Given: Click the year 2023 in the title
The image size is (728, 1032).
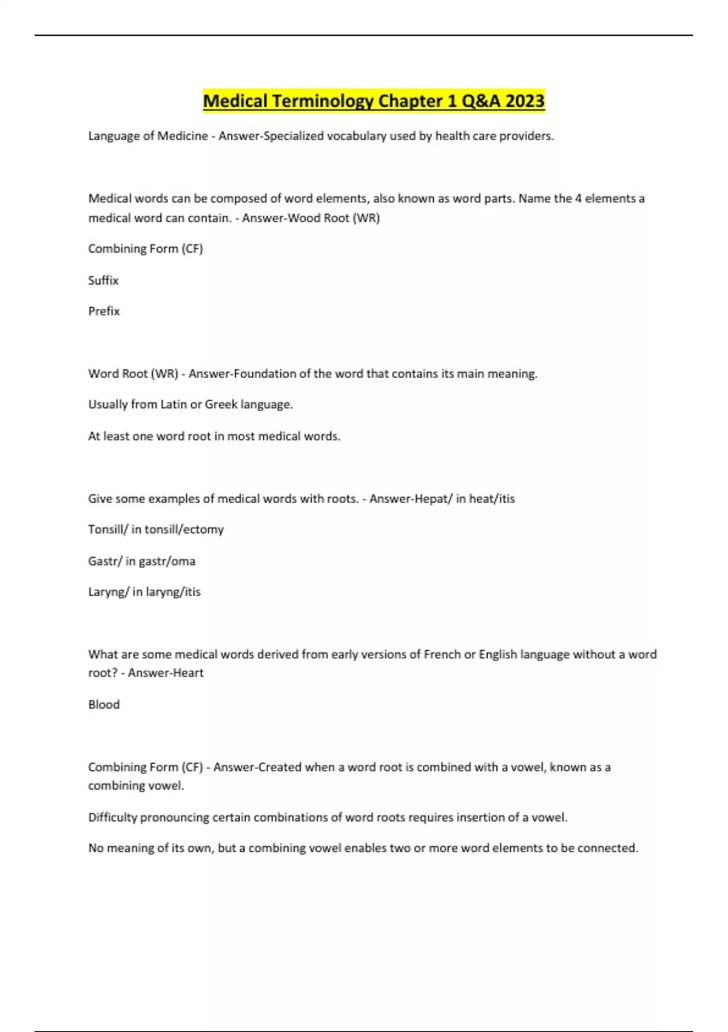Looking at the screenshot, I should tap(525, 101).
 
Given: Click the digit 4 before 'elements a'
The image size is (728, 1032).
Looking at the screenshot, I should tap(578, 199).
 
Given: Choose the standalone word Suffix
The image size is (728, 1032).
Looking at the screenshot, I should tap(103, 280).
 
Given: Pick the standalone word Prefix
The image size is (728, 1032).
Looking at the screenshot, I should tap(104, 311).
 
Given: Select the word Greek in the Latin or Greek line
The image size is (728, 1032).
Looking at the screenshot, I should tap(221, 405).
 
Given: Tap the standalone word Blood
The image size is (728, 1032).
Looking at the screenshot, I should tap(104, 705).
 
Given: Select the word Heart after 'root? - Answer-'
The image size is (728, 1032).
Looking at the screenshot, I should tap(186, 673).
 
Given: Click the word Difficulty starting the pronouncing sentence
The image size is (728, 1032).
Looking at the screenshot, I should tap(113, 818).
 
